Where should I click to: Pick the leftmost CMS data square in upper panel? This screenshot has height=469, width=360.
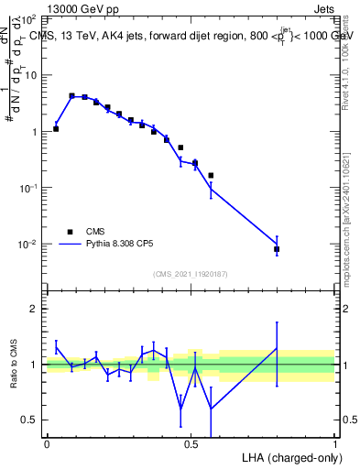[x=56, y=128]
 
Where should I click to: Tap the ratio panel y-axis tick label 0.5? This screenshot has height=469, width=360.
[x=32, y=420]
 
